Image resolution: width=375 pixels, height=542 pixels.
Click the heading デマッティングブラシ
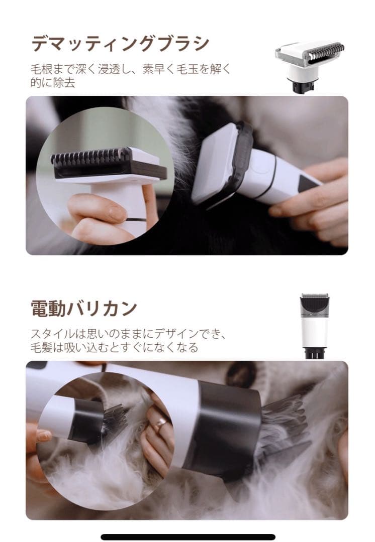pos(120,44)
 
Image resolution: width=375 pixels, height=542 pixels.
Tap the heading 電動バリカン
pos(83,308)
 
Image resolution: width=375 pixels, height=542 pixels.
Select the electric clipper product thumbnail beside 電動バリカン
pos(314,326)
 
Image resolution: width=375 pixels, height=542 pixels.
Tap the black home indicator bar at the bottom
pos(187,537)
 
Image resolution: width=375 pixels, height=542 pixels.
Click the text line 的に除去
pos(52,83)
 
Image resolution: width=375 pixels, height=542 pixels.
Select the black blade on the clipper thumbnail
pos(314,303)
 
